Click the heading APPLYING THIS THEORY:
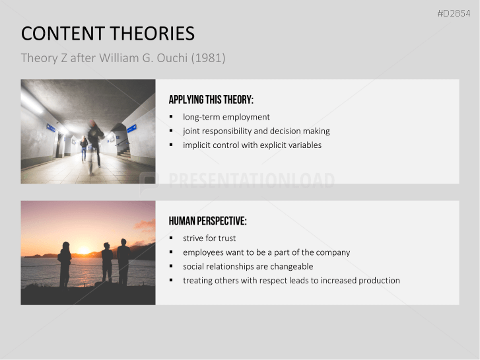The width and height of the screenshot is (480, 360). coord(211,100)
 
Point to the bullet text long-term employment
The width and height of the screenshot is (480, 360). coord(226,117)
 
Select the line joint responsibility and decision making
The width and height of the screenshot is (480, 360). coord(256,131)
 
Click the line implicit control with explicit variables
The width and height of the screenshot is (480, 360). coord(252,145)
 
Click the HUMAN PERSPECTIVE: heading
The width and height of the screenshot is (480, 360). coord(207,221)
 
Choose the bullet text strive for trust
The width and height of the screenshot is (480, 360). coord(209,238)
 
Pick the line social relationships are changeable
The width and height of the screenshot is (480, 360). coord(248,266)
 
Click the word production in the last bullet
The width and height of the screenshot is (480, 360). coord(379,281)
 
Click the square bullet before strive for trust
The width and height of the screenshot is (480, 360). coord(171,238)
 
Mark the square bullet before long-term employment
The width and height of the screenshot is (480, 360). coord(171,117)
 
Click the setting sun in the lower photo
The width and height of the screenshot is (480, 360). coord(83,250)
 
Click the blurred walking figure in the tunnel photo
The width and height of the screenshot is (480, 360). coord(94,142)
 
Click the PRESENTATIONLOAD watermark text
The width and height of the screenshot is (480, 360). coord(251,181)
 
